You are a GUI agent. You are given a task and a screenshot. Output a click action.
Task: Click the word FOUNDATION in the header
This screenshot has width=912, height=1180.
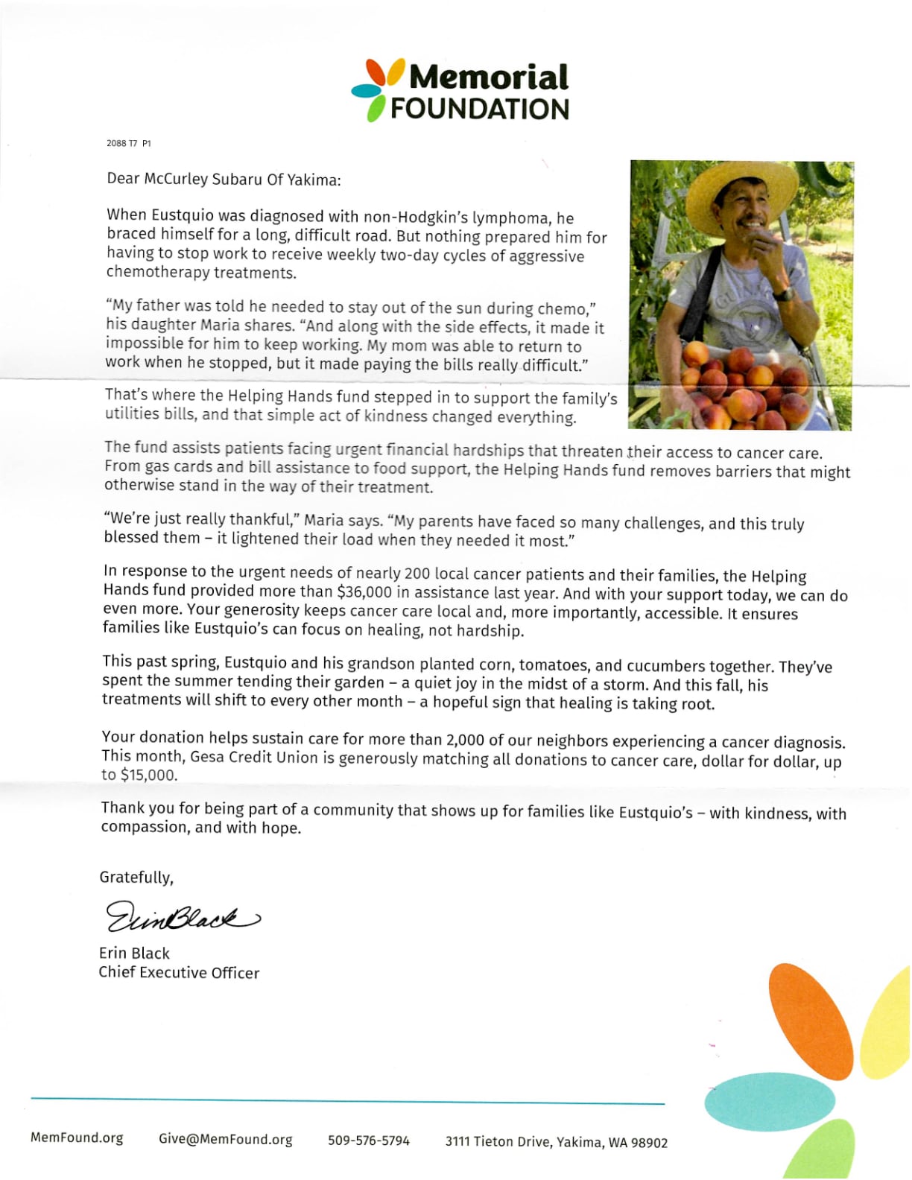tap(479, 109)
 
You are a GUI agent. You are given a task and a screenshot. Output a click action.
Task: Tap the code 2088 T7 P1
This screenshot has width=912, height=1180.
tap(128, 143)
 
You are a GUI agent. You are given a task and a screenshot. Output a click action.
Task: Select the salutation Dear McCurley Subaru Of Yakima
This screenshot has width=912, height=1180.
tap(224, 179)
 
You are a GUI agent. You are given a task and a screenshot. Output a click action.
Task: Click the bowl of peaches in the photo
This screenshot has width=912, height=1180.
tap(745, 387)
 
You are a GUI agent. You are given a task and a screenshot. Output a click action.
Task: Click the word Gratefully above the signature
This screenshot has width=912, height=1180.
tap(136, 878)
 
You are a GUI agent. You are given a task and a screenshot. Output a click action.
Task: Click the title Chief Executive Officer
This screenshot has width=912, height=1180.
tap(179, 973)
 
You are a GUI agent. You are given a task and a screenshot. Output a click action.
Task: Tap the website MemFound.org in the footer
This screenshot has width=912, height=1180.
tap(77, 1138)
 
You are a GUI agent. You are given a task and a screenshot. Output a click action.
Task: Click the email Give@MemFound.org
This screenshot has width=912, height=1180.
tap(225, 1140)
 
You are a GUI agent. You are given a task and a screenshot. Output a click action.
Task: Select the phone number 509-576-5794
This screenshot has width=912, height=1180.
tap(369, 1141)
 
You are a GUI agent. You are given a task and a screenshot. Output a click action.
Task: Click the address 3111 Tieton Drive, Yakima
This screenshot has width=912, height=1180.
tap(556, 1142)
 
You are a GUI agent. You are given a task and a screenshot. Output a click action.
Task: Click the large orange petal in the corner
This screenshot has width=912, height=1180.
tap(810, 1021)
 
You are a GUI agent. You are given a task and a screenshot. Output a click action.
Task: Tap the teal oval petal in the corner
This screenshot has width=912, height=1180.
tap(770, 1101)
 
